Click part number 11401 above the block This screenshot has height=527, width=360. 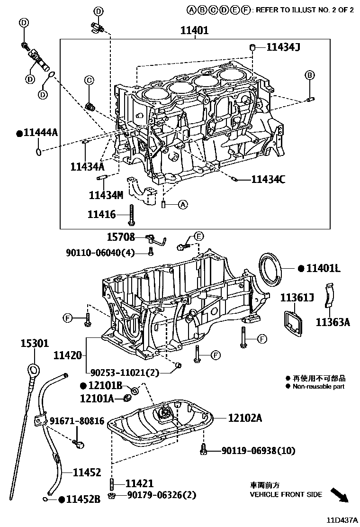(194, 31)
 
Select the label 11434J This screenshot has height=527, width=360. (284, 47)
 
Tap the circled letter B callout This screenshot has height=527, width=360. (309, 75)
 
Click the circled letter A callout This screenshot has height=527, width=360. (183, 205)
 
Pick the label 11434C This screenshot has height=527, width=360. (268, 179)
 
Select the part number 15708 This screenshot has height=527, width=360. (121, 237)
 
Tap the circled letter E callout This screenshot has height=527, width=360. (199, 236)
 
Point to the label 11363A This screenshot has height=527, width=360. (333, 322)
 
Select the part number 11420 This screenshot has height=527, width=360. (67, 354)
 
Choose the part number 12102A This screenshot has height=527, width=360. (244, 418)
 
